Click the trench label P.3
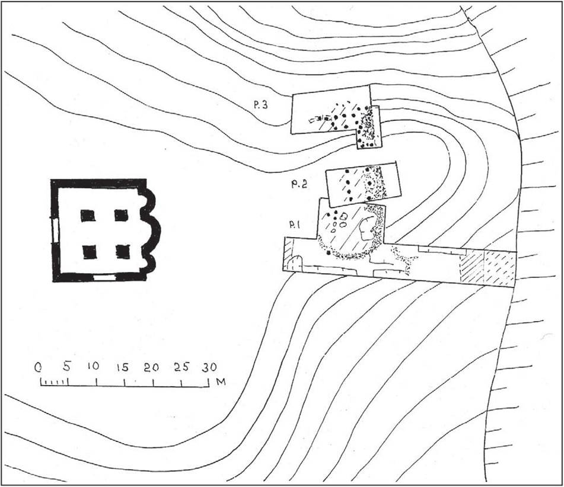point(261,105)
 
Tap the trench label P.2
point(299,185)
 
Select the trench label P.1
point(295,225)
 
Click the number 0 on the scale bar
point(38,367)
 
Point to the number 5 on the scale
point(66,367)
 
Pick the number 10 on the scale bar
point(93,366)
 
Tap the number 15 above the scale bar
point(122,367)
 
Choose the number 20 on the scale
point(151,367)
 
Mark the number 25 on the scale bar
point(181,367)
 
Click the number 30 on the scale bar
point(209,367)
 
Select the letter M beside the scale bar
point(221,382)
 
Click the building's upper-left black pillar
point(88,216)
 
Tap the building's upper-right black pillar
point(121,215)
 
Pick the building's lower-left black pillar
point(90,252)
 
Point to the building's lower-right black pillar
point(123,252)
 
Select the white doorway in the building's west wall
point(55,230)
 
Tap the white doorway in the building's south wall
point(104,277)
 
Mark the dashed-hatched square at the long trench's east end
point(500,268)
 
